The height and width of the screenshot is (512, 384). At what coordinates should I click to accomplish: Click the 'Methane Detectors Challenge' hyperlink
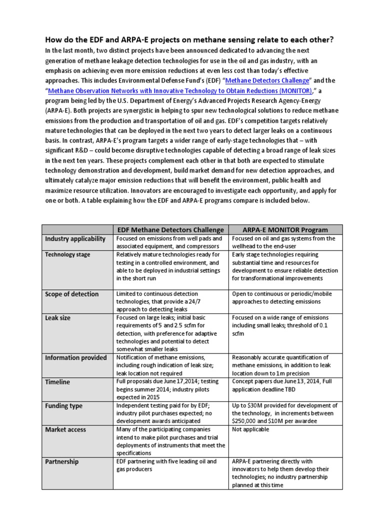(268, 81)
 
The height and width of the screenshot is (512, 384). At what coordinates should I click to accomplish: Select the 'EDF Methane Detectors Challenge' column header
(170, 229)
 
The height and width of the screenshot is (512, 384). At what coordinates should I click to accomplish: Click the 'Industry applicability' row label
(75, 239)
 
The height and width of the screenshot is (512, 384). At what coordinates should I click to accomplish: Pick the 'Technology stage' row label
(68, 254)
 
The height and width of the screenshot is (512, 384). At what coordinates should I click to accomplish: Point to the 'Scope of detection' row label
(72, 294)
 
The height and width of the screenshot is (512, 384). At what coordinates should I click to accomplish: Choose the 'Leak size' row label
(58, 318)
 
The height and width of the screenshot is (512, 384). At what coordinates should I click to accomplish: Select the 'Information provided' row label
(76, 357)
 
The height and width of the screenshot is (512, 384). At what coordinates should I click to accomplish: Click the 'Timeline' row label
(57, 382)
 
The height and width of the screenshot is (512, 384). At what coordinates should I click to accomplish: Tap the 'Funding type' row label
(63, 405)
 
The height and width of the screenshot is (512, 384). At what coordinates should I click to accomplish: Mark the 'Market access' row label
(65, 429)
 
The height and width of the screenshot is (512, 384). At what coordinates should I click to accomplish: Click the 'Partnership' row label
(62, 461)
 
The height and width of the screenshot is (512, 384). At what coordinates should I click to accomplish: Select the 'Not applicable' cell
(250, 429)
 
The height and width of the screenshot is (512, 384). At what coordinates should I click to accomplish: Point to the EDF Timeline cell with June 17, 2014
(170, 389)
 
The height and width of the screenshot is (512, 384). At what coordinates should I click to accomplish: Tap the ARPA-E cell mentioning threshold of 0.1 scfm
(286, 325)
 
